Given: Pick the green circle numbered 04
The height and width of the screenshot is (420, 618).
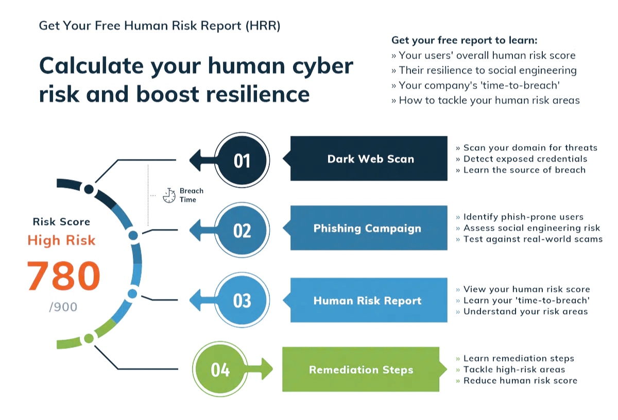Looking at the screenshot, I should click(x=220, y=369).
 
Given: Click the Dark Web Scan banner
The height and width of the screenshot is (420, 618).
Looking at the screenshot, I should click(x=370, y=159).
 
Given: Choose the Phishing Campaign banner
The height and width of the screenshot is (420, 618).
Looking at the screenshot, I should click(x=368, y=228).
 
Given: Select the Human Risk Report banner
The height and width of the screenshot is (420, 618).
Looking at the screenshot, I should click(x=368, y=300).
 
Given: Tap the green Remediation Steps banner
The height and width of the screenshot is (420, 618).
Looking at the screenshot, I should click(x=361, y=369).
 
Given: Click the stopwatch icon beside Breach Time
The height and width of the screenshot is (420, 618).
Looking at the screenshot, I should click(x=169, y=195).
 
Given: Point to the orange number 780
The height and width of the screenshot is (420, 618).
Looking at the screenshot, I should click(x=63, y=276).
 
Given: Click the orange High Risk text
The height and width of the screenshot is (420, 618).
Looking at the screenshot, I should click(x=61, y=240).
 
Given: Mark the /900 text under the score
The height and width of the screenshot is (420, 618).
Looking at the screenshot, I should click(x=63, y=307).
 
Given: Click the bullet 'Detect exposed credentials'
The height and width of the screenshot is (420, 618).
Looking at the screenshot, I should click(x=525, y=159).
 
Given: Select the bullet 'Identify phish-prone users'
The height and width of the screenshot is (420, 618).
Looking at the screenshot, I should click(x=523, y=217).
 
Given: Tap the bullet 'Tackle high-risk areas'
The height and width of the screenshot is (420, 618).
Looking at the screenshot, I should click(x=513, y=370).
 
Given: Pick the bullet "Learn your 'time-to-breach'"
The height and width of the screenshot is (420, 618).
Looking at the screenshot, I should click(x=526, y=300).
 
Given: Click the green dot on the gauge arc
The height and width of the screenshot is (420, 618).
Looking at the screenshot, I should click(x=89, y=338).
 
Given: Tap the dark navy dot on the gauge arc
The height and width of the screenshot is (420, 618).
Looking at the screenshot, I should click(x=89, y=189).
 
